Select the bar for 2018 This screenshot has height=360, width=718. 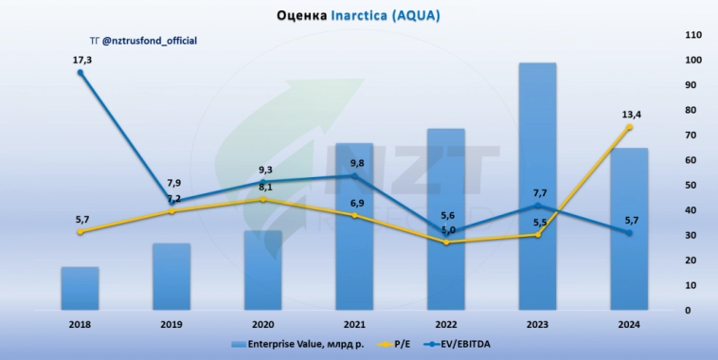(81, 288)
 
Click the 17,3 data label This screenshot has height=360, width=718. (82, 61)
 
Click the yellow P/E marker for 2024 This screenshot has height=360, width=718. (628, 127)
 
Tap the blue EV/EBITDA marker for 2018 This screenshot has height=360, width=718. (81, 73)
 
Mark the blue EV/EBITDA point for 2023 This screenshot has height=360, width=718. (537, 206)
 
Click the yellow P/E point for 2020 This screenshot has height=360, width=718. (263, 200)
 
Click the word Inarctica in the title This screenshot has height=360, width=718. (366, 15)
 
